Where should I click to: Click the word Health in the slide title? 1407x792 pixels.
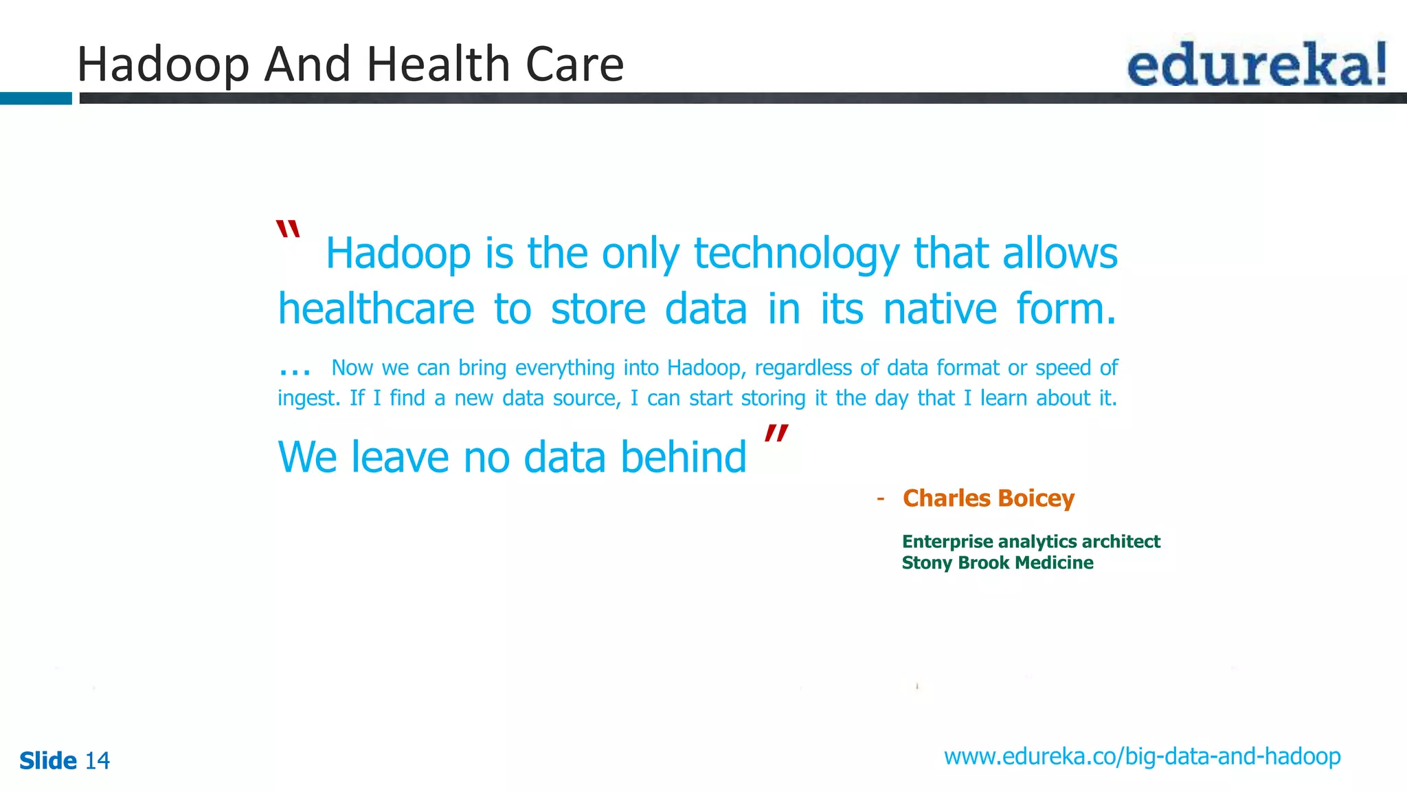[440, 64]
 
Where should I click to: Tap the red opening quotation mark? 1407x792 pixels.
[288, 230]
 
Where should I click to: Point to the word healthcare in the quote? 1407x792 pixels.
[376, 309]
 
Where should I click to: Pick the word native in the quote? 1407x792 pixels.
[939, 309]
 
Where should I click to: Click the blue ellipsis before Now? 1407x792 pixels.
[295, 370]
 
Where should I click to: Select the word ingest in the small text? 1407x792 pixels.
[308, 399]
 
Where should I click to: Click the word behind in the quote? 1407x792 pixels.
[683, 457]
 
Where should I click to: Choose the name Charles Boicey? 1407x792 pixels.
[988, 498]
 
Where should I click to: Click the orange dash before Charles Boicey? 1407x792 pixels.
[880, 498]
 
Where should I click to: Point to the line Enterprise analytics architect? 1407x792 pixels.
[1031, 542]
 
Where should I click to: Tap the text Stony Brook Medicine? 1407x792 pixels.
[997, 563]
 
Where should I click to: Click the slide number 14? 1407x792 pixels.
[97, 761]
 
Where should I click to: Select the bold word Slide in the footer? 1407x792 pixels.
[48, 761]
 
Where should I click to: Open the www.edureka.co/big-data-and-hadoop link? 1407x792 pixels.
[1142, 757]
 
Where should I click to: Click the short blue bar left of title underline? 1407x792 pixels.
[36, 98]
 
